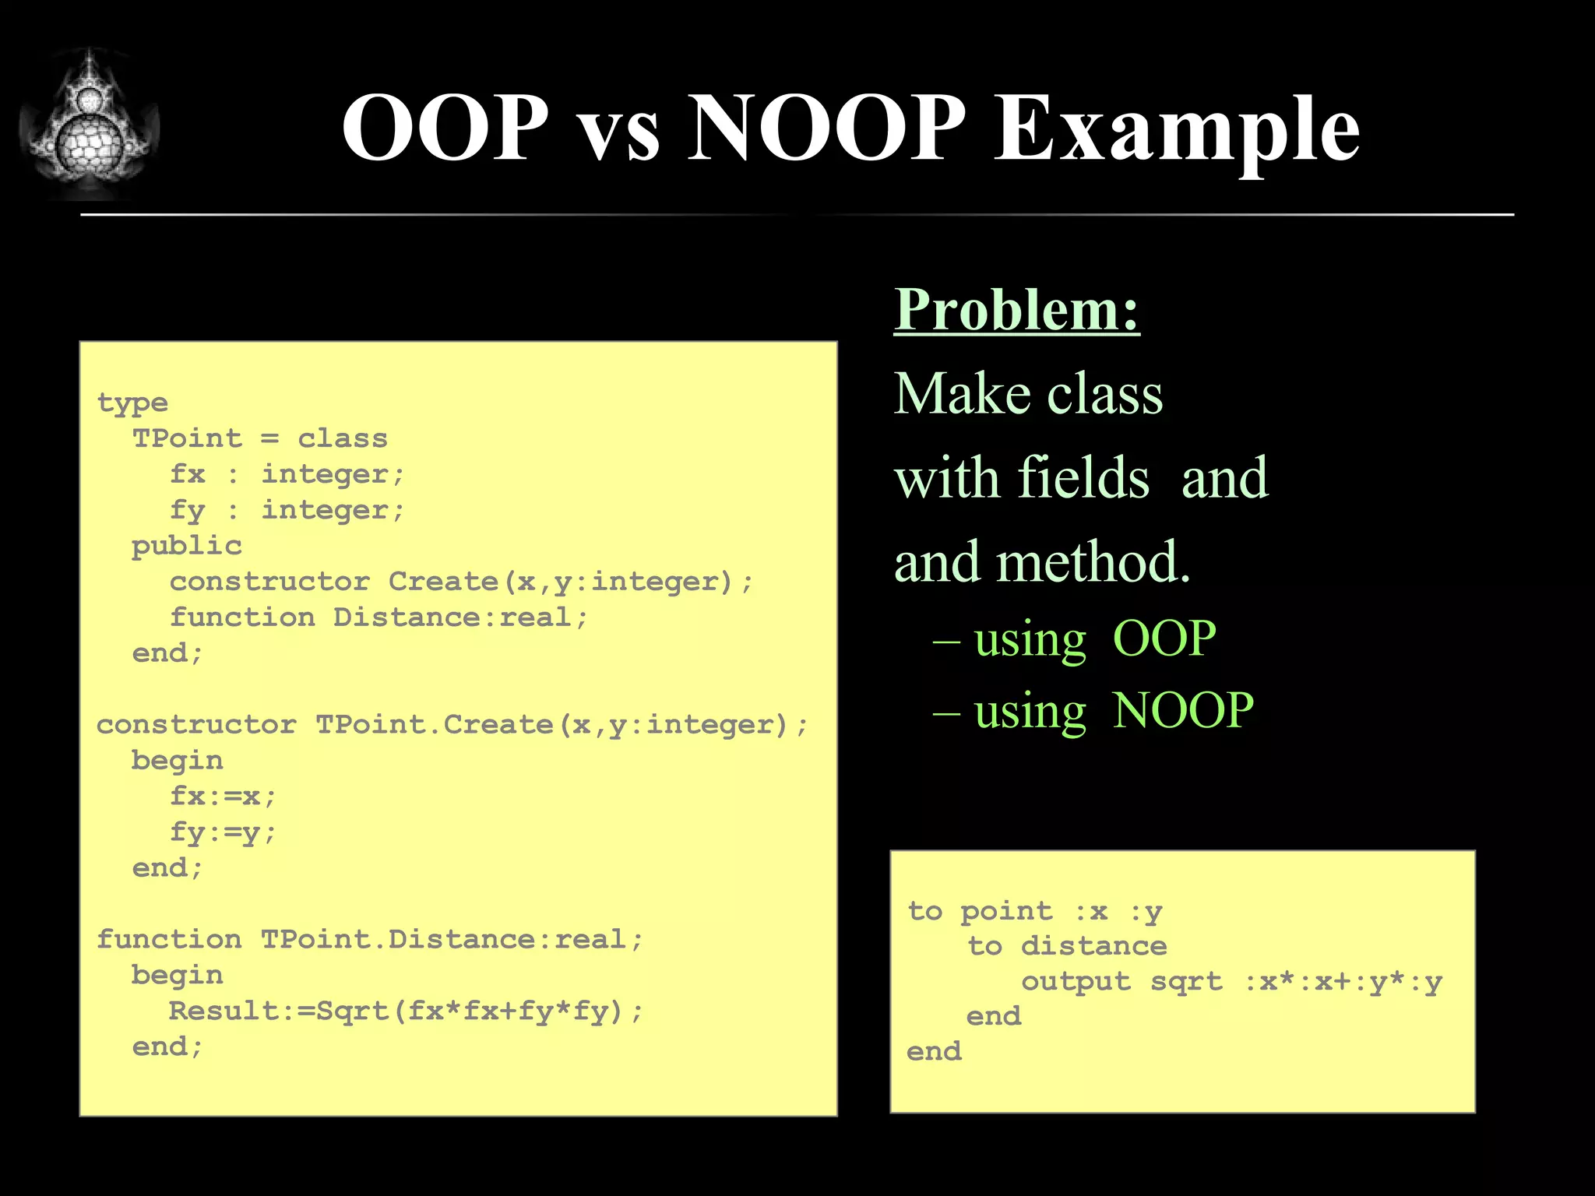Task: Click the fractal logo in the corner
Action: point(90,125)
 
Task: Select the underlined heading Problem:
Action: point(1016,310)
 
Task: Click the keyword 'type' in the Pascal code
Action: point(132,403)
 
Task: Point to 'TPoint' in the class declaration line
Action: point(187,438)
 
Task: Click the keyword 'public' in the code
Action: point(187,546)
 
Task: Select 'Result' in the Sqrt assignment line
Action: point(224,1011)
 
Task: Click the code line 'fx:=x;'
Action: point(223,797)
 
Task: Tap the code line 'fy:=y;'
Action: point(223,832)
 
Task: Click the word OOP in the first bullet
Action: point(1164,639)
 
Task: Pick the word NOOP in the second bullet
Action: point(1182,711)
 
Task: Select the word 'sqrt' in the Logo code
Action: point(1186,982)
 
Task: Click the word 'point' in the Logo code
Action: point(1005,912)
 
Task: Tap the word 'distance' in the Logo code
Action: point(1093,947)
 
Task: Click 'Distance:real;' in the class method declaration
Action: point(459,617)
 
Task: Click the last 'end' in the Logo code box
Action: point(934,1052)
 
